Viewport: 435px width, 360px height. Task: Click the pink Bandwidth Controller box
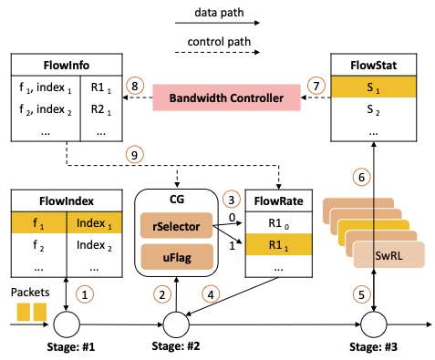click(x=228, y=96)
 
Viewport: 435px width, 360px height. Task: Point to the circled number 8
click(x=134, y=86)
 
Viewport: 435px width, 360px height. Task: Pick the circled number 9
click(x=134, y=156)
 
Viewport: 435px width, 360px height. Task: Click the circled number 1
click(x=86, y=294)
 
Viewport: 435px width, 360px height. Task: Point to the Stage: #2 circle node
click(x=175, y=324)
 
